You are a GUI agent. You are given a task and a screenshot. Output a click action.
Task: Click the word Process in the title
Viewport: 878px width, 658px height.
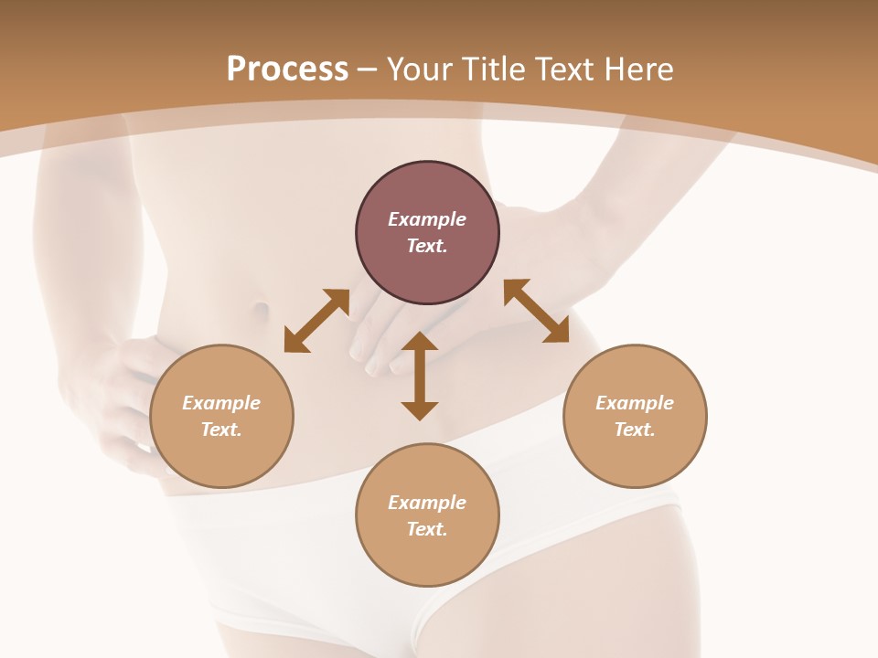click(287, 69)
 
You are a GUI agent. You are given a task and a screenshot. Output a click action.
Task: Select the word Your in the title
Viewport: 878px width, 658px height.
click(420, 69)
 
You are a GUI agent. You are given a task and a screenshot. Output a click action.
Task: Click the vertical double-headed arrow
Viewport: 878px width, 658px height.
click(420, 377)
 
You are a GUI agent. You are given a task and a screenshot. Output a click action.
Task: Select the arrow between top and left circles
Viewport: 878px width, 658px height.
click(316, 321)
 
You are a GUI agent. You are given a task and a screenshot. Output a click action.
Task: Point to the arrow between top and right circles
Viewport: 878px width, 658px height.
click(536, 311)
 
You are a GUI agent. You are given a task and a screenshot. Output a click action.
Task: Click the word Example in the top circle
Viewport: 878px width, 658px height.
click(427, 219)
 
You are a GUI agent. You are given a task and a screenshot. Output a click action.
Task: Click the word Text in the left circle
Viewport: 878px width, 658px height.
click(221, 430)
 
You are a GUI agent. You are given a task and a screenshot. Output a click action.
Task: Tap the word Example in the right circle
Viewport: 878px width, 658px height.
click(635, 403)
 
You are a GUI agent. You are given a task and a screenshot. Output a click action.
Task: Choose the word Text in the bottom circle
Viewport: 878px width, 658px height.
click(427, 529)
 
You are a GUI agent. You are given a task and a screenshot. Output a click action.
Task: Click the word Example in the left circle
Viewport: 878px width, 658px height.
click(221, 403)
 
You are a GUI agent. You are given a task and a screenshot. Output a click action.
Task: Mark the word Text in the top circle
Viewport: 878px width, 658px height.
click(427, 246)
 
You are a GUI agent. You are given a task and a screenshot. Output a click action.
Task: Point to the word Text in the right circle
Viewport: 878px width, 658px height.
click(635, 430)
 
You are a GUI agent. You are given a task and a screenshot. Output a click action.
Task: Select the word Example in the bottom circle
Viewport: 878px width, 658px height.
click(427, 503)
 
